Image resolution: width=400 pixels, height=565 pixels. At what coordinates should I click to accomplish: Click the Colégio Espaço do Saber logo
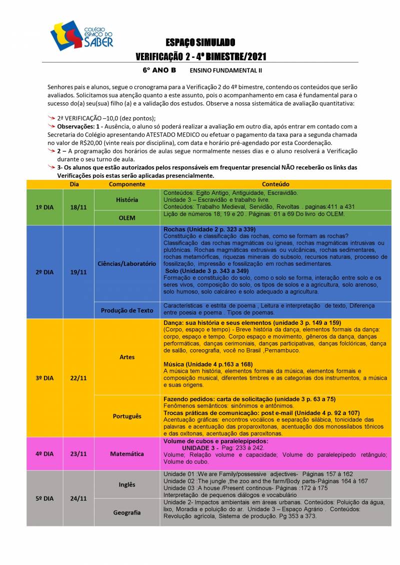coord(81,35)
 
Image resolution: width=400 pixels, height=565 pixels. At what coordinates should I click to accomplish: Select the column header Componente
coord(127,184)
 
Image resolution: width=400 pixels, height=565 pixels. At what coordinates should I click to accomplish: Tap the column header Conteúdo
coord(275,184)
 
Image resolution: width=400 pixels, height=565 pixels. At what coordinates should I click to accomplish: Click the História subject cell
coord(127,200)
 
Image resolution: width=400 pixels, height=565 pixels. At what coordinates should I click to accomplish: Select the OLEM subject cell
coord(127,218)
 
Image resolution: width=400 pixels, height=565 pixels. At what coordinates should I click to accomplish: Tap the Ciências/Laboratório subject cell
coord(127,263)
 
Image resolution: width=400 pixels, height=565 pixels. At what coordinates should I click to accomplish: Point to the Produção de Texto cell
coord(127,310)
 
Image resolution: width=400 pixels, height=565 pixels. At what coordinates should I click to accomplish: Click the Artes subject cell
coord(127,357)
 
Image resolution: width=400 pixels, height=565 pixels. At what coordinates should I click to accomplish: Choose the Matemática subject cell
coord(127,454)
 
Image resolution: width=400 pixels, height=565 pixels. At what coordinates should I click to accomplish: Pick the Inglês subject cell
coord(127,485)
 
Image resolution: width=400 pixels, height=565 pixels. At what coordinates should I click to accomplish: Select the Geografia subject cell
coord(127,513)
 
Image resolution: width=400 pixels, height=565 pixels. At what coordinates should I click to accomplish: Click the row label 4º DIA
coord(45,454)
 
